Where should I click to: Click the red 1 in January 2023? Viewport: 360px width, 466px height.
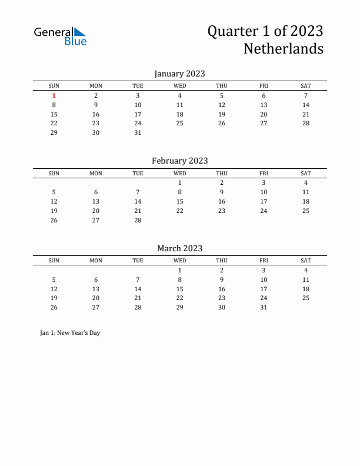click(54, 96)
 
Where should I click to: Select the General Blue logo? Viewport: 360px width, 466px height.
click(60, 36)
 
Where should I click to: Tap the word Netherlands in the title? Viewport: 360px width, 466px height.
click(283, 49)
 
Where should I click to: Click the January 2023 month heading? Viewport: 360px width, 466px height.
click(179, 74)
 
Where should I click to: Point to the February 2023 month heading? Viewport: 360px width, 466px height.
click(179, 161)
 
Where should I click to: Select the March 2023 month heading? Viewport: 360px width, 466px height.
click(179, 248)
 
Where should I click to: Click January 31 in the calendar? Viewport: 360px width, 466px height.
click(138, 132)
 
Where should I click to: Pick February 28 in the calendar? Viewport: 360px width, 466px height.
click(138, 220)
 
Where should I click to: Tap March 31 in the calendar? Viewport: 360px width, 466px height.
click(264, 307)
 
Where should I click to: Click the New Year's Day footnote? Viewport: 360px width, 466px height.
click(70, 333)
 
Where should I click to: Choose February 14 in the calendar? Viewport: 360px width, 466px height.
click(138, 201)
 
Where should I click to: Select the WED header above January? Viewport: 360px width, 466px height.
click(179, 86)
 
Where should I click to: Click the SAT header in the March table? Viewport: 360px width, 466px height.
click(305, 261)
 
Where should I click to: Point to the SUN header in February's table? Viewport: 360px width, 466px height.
click(54, 174)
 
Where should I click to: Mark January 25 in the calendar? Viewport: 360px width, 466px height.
click(179, 124)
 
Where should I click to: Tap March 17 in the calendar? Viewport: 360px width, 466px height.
click(264, 289)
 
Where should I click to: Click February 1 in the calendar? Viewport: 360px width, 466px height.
click(179, 183)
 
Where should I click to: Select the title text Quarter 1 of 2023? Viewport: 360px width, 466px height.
click(265, 31)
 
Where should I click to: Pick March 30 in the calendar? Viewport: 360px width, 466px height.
click(222, 307)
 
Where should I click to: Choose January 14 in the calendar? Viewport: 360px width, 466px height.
click(305, 105)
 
